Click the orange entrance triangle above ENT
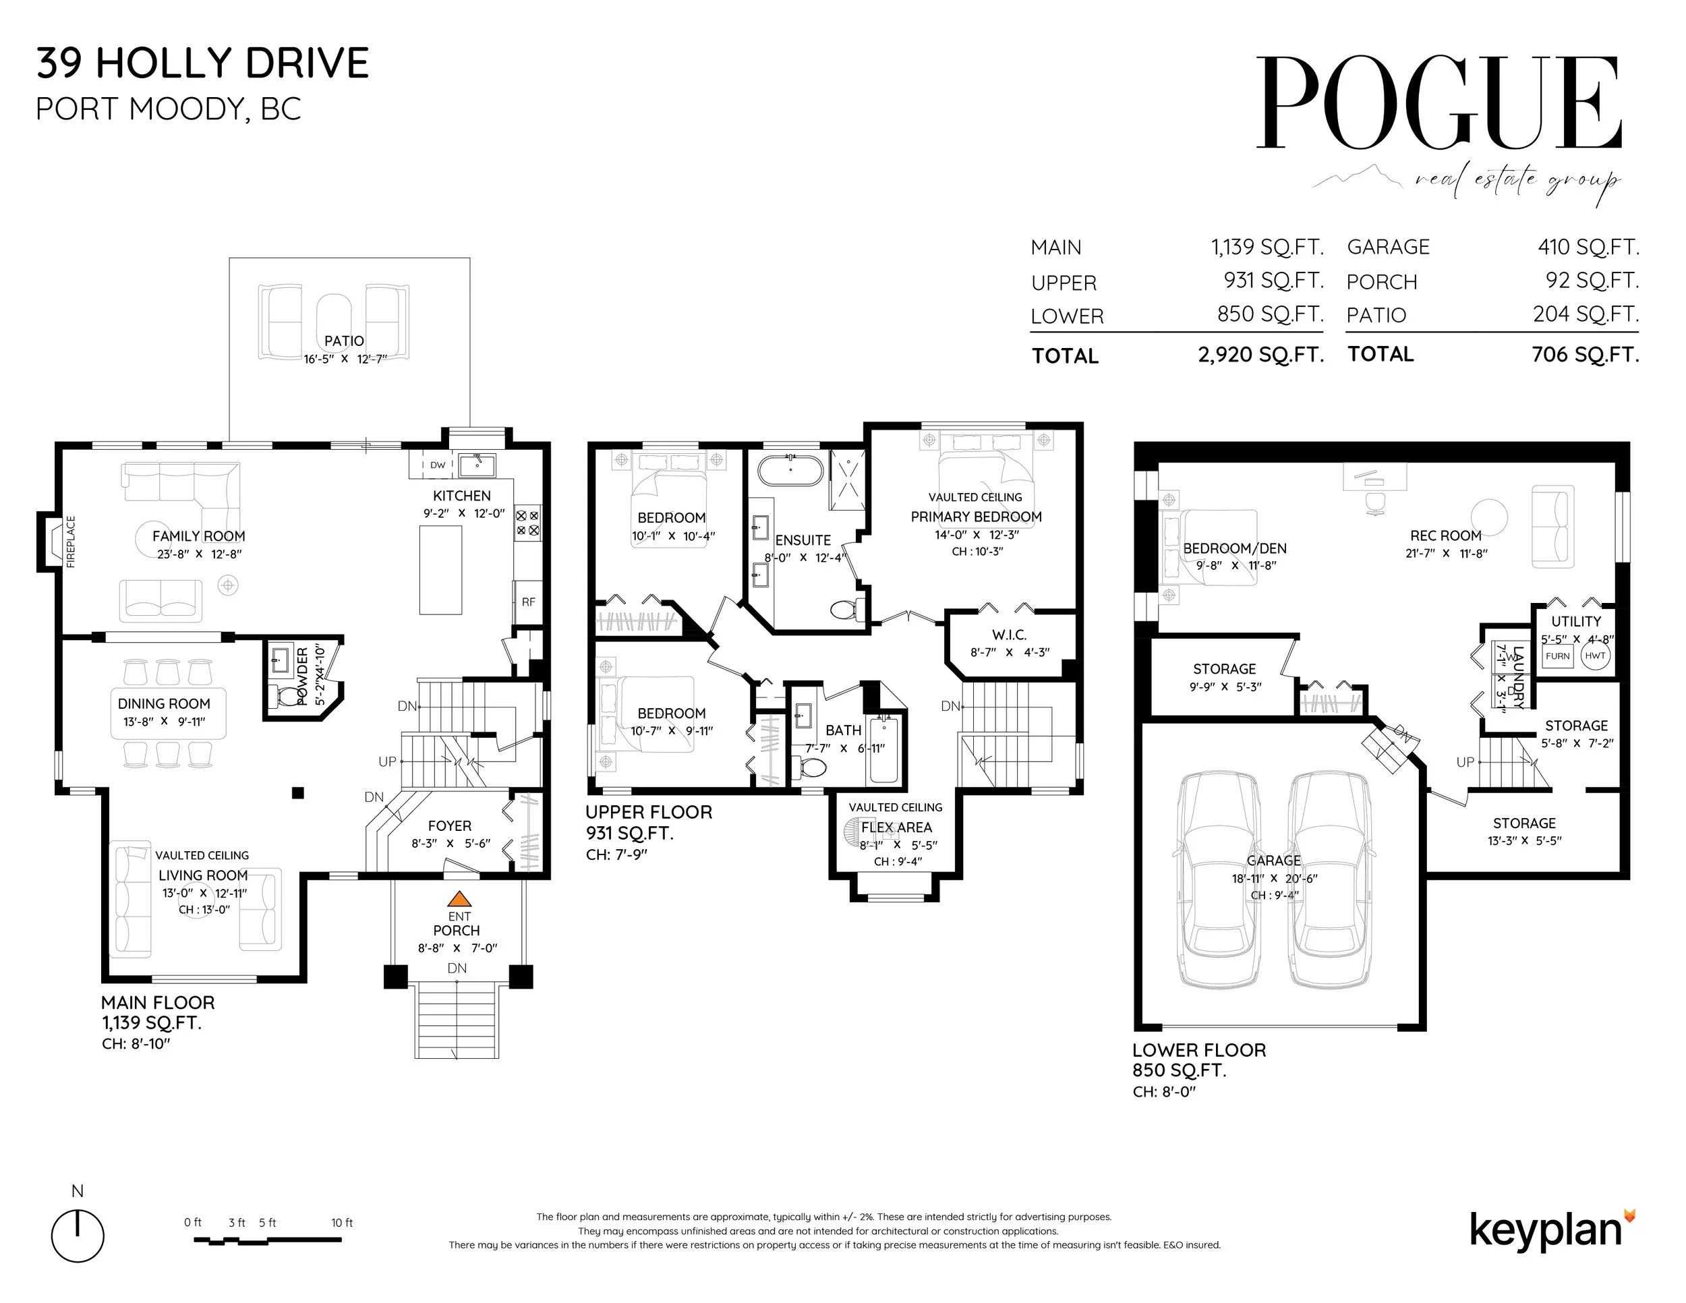pos(459,898)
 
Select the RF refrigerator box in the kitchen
pos(528,602)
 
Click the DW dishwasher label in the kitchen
pos(438,465)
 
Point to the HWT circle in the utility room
pos(1595,656)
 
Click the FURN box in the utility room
pos(1557,656)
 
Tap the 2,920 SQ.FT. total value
pos(1260,354)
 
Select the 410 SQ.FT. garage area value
pos(1588,247)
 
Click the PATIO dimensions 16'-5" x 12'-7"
pos(345,359)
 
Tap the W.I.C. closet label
pos(1009,635)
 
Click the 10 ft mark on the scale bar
pos(341,1222)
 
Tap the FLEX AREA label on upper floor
pos(896,828)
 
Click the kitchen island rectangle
pos(441,570)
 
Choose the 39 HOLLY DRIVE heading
pos(203,63)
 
